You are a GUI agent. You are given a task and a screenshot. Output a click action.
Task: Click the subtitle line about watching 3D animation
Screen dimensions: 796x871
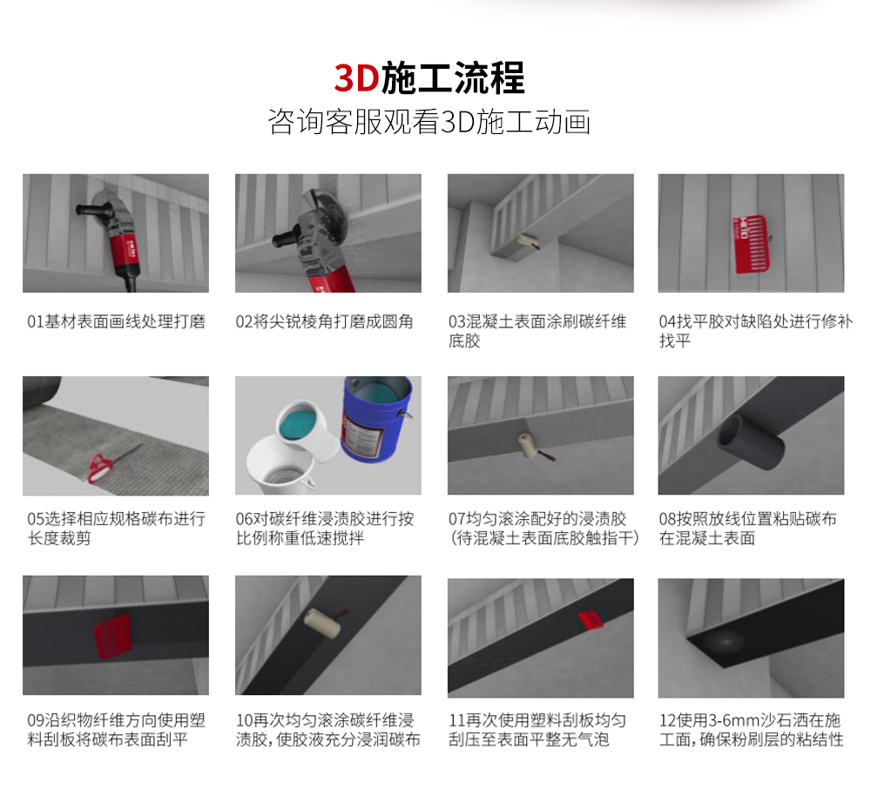pyautogui.click(x=429, y=122)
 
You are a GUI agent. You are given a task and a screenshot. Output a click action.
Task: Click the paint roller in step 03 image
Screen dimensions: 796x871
pyautogui.click(x=528, y=241)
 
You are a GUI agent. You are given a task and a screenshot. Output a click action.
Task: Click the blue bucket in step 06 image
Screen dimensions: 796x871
pyautogui.click(x=375, y=418)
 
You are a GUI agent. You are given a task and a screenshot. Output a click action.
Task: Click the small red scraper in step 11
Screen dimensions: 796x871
pyautogui.click(x=590, y=619)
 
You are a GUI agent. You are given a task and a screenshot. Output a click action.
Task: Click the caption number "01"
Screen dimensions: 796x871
pyautogui.click(x=35, y=321)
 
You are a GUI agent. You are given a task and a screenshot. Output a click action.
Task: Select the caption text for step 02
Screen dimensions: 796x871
pyautogui.click(x=325, y=321)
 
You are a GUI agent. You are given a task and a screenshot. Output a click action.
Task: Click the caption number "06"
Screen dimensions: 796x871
pyautogui.click(x=245, y=519)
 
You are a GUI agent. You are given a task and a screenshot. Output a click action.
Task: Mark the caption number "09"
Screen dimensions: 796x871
pyautogui.click(x=35, y=720)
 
